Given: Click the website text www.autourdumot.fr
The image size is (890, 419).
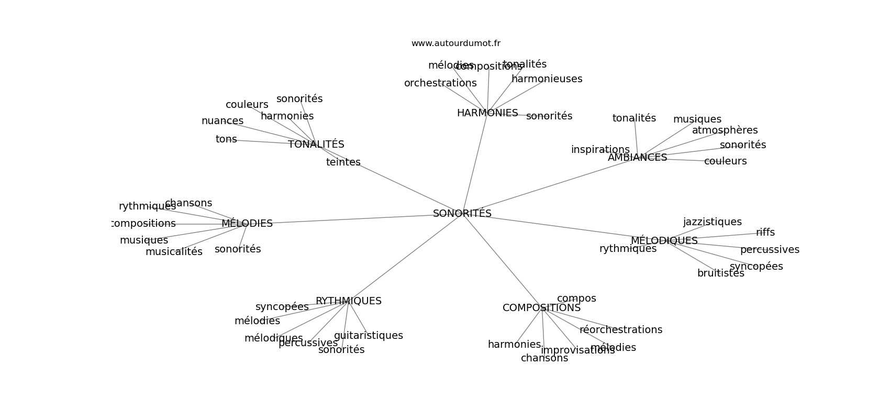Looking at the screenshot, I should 455,43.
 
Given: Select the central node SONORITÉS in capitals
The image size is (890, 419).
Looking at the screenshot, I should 462,214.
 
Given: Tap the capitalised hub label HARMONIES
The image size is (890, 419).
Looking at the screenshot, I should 487,113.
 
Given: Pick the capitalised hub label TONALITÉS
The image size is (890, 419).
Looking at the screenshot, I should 316,145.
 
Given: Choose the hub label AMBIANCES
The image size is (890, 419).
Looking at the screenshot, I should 637,158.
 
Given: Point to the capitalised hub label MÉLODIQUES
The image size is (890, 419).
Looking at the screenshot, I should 664,241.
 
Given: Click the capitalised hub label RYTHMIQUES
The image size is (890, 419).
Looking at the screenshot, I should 348,301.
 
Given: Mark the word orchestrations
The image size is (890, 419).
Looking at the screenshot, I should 440,83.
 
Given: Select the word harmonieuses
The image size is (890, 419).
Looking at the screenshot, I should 547,79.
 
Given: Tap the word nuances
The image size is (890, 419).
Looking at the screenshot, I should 222,121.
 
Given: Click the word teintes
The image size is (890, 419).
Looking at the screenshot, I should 343,162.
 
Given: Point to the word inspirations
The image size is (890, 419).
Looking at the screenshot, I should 600,150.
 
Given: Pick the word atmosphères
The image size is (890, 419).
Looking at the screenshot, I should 725,130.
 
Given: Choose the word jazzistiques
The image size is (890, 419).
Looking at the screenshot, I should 712,222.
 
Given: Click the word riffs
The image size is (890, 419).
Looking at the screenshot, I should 765,233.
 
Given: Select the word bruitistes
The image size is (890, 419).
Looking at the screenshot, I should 720,273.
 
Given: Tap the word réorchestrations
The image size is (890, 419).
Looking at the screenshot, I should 620,330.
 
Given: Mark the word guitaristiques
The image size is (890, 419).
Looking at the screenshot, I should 368,336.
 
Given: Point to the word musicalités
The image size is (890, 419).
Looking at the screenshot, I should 174,252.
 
